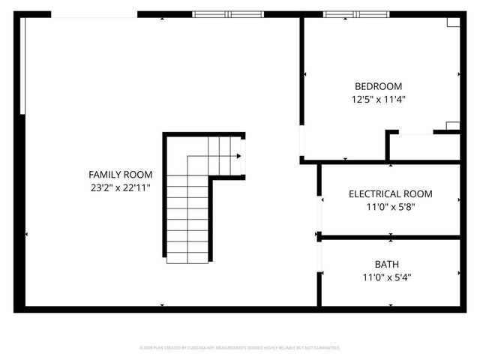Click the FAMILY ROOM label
(x=121, y=174)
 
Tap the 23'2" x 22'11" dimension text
(x=121, y=187)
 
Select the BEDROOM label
(x=378, y=86)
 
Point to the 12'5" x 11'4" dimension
(x=378, y=99)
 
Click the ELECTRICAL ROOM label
(x=390, y=193)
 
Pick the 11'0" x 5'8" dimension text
(x=390, y=207)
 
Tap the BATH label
(x=387, y=264)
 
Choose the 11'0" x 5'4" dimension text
(x=387, y=277)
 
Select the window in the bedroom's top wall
(x=358, y=13)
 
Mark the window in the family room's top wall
(x=229, y=13)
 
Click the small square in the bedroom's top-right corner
(x=453, y=22)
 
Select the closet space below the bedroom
(x=424, y=146)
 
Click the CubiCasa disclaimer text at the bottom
(x=240, y=348)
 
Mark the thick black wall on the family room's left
(x=20, y=210)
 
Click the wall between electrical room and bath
(x=390, y=238)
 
